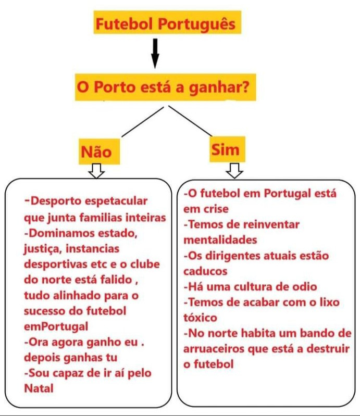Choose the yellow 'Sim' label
[x=225, y=150]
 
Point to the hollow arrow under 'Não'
[x=96, y=170]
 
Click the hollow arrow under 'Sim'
[x=235, y=169]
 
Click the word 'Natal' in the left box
[x=39, y=388]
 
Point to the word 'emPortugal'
[x=56, y=327]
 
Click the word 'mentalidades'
[x=220, y=240]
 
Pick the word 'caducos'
[x=205, y=271]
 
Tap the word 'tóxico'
[x=200, y=318]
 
